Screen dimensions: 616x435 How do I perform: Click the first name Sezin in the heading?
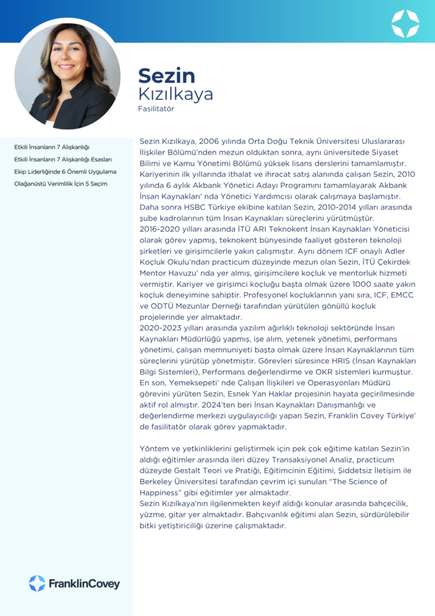click(167, 75)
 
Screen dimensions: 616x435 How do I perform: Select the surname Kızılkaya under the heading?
click(175, 94)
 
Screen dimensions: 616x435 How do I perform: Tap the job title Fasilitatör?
click(156, 109)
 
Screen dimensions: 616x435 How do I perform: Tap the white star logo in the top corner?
click(405, 23)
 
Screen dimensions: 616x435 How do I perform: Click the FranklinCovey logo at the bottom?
click(74, 583)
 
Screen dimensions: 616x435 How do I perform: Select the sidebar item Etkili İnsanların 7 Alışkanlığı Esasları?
click(63, 159)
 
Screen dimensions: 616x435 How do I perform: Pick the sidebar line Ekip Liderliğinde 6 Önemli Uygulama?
click(65, 171)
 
